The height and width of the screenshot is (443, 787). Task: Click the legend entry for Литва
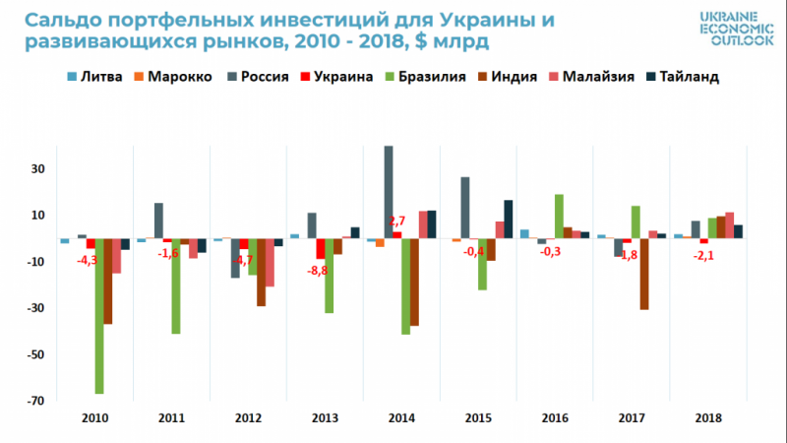(x=93, y=77)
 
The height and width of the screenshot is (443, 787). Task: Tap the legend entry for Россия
(x=259, y=77)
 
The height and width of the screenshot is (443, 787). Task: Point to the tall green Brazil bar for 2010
(x=100, y=315)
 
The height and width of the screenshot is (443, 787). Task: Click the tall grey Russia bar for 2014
(x=390, y=192)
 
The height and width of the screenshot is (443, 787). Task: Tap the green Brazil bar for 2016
(x=559, y=216)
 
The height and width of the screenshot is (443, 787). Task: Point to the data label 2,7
(x=396, y=220)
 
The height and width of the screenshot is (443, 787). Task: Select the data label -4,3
(x=90, y=259)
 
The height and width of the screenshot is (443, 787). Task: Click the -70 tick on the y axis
(x=36, y=401)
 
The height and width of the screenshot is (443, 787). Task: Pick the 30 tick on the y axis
(x=39, y=168)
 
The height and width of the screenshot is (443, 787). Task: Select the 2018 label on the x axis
(x=707, y=417)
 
